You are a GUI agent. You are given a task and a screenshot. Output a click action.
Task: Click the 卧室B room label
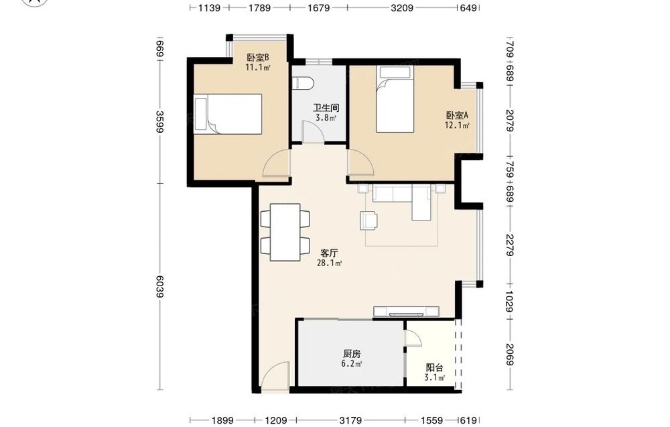point(258,57)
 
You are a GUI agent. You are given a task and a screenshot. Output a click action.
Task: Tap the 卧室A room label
point(457,115)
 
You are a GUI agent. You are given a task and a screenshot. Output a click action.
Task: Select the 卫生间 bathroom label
point(326,108)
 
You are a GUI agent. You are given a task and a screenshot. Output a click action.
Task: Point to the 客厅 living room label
point(329,253)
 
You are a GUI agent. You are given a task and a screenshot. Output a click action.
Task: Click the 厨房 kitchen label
point(352,354)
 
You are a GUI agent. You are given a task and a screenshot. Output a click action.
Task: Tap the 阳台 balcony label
point(435,367)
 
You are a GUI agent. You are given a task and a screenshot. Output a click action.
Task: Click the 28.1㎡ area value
point(329,263)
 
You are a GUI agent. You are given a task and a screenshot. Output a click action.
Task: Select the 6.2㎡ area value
point(352,364)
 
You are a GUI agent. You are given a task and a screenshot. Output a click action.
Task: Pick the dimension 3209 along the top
point(401,7)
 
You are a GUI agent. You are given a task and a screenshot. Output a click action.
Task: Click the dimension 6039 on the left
point(160,286)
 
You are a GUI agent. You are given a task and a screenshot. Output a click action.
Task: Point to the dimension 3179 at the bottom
point(350,420)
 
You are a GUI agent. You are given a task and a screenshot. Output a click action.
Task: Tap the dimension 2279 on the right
point(510,245)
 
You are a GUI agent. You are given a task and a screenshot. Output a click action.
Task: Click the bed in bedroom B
point(228,114)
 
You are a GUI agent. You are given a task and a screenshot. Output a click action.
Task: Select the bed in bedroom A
point(395,99)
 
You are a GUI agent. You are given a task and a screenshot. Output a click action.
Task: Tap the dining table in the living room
point(285,232)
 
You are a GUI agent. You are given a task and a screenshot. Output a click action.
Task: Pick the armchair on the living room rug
point(369,221)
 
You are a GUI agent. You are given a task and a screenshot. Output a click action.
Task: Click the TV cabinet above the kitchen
point(407,312)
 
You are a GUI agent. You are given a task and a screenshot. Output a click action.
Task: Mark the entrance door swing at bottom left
point(275,376)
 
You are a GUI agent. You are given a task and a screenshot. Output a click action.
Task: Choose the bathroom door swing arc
point(312,131)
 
